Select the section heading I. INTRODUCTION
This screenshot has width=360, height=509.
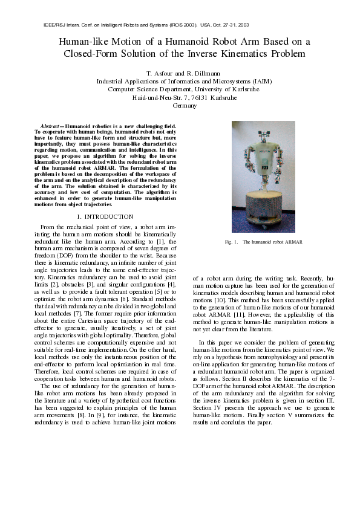(x=105, y=216)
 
